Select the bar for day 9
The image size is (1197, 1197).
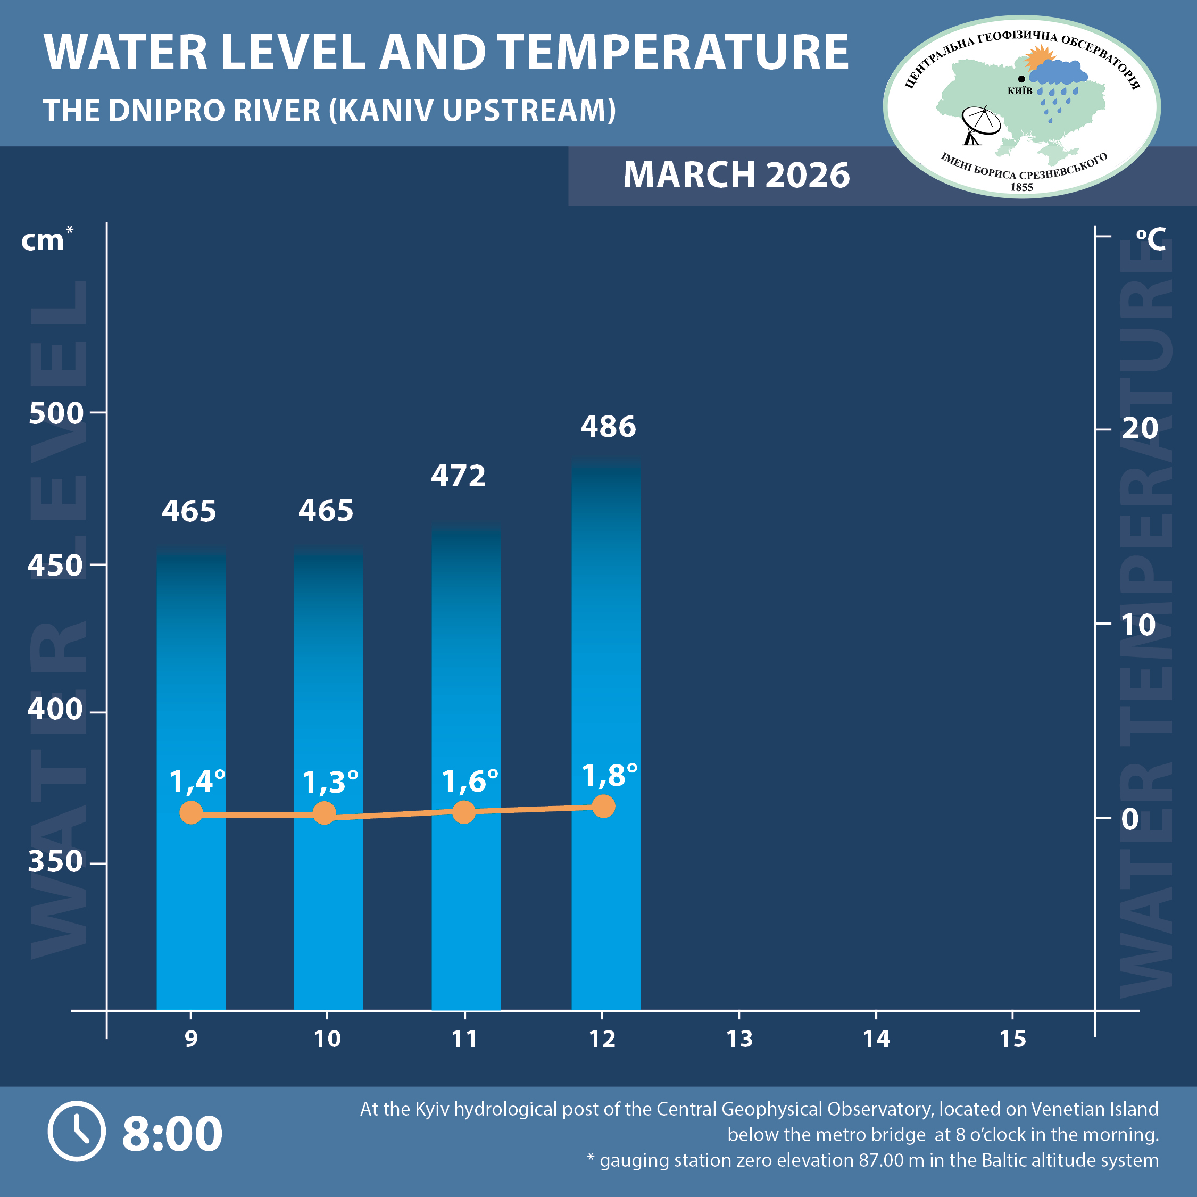(191, 775)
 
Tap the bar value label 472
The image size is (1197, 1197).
(459, 476)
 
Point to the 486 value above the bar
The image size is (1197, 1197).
(608, 426)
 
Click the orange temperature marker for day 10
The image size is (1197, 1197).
(324, 813)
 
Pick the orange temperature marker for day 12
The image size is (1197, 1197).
(603, 807)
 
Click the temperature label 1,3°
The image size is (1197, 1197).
(330, 782)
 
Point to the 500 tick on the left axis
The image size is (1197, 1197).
(56, 413)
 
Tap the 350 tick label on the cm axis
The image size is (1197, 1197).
(56, 862)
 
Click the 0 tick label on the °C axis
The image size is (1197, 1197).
(1130, 819)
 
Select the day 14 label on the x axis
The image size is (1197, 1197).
(876, 1038)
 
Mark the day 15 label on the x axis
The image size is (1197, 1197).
(1012, 1038)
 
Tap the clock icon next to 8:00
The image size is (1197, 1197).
(77, 1130)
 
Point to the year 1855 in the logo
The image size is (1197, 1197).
(1021, 187)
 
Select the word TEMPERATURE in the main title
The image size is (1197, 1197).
(673, 52)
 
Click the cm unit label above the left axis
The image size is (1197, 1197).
(42, 240)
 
